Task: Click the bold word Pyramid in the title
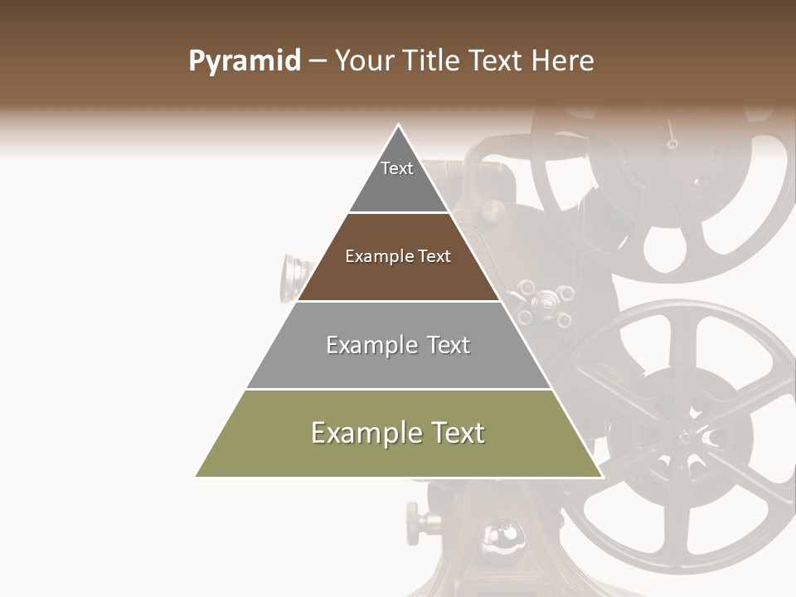tap(245, 61)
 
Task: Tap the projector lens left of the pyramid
tap(292, 275)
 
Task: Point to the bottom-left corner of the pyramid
tap(197, 476)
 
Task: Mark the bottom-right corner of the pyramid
tap(601, 476)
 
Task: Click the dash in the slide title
tap(318, 61)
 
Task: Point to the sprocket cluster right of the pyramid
tap(544, 303)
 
